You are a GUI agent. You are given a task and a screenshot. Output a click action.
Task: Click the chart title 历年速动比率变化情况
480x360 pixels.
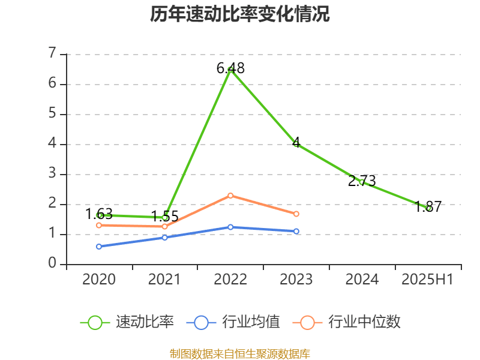[x=240, y=14]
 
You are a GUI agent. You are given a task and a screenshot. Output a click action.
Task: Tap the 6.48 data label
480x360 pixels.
[x=230, y=68]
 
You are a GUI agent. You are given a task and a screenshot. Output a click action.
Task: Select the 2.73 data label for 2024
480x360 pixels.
[x=362, y=181]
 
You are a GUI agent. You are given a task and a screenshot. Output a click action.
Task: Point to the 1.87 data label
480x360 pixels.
[x=428, y=206]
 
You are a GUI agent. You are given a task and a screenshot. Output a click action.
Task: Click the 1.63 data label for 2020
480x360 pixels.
[x=99, y=214]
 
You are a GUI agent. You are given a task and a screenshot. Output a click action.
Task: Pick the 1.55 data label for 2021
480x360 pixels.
[x=164, y=216]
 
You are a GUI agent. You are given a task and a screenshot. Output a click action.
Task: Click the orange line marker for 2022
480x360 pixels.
[x=230, y=196]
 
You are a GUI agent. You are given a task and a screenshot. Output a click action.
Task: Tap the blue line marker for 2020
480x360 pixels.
[x=99, y=246]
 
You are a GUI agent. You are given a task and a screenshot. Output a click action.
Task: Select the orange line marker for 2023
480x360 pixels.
[x=296, y=214]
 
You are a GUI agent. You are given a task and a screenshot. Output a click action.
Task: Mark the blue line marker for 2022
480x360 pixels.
[x=230, y=227]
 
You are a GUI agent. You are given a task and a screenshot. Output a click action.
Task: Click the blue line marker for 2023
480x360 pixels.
[x=296, y=231]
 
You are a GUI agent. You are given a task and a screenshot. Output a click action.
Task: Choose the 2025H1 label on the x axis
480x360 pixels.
[x=428, y=279]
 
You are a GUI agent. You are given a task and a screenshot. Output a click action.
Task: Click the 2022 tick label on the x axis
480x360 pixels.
[x=230, y=279]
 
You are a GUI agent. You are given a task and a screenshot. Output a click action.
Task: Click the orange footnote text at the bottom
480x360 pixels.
[x=240, y=353]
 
